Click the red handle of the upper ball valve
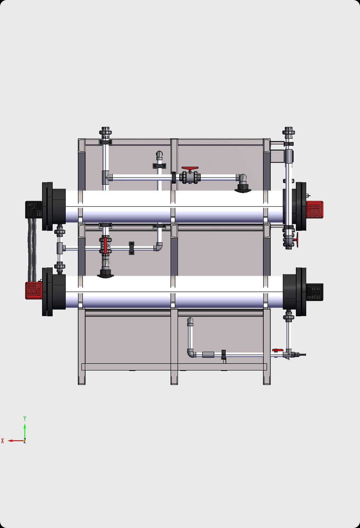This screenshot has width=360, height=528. pyautogui.click(x=190, y=168)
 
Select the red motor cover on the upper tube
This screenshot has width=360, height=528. pyautogui.click(x=315, y=210)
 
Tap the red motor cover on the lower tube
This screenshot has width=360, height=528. pyautogui.click(x=33, y=290)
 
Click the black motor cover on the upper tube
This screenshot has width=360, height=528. pyautogui.click(x=33, y=209)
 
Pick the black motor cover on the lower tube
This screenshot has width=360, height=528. pyautogui.click(x=315, y=292)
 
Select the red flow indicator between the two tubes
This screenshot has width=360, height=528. pyautogui.click(x=105, y=246)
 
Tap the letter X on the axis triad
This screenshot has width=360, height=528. pyautogui.click(x=3, y=441)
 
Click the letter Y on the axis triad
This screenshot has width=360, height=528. pyautogui.click(x=24, y=418)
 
